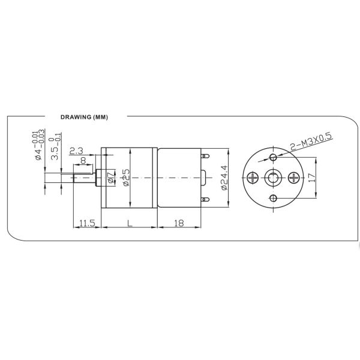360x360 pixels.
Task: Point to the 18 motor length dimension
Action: click(179, 223)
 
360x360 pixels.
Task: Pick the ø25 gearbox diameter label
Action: click(125, 178)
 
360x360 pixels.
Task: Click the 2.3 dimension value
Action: click(76, 150)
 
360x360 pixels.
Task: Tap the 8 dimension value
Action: click(82, 160)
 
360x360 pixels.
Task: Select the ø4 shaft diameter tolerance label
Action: click(39, 146)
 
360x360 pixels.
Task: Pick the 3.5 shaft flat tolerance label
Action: click(55, 146)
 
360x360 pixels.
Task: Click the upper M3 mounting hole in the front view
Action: click(273, 157)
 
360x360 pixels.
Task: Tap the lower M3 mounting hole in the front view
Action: click(273, 198)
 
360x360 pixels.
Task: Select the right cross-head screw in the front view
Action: click(293, 178)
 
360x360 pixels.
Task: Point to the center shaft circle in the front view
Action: click(273, 178)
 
